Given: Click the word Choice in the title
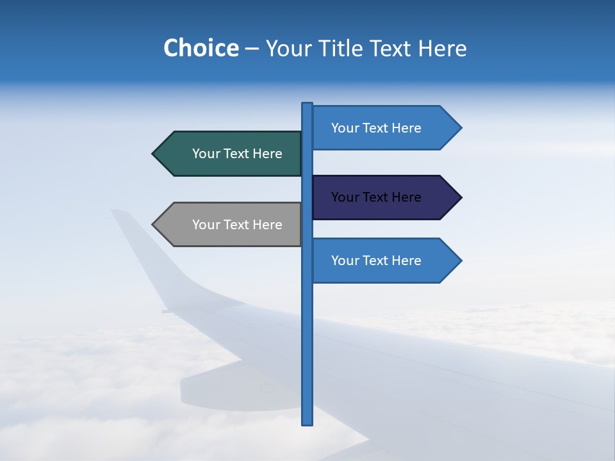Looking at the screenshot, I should (201, 49).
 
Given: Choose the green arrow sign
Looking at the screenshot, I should (231, 154).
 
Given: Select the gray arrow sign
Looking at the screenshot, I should (231, 225).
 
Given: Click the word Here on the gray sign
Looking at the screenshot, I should (268, 225).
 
